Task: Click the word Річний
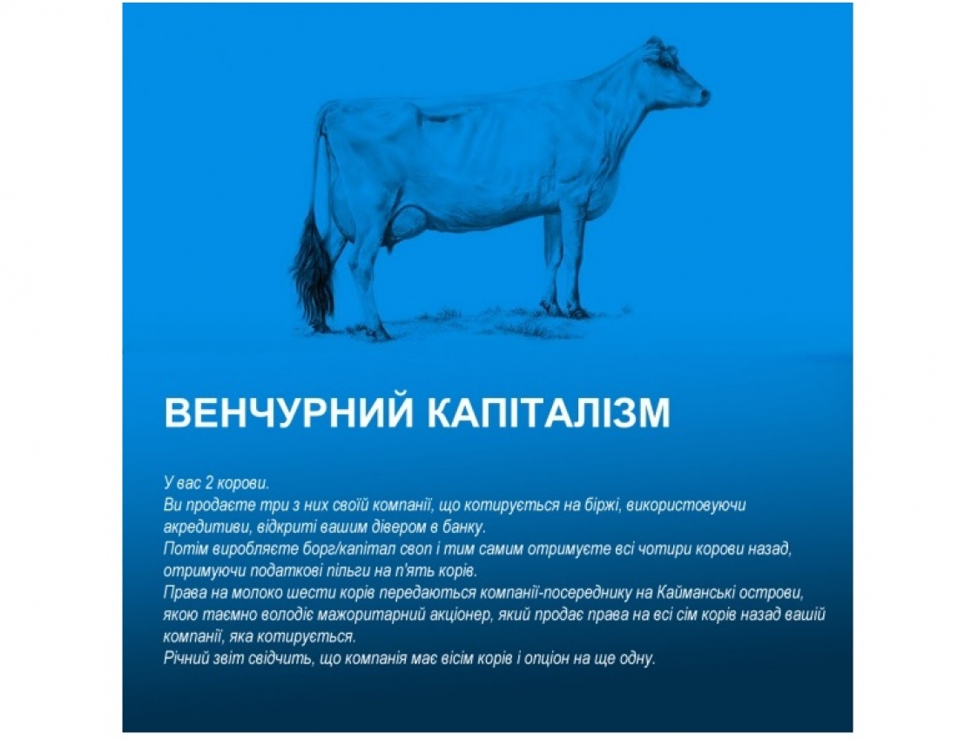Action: (184, 658)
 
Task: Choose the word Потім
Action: (183, 549)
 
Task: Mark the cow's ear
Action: (651, 52)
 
